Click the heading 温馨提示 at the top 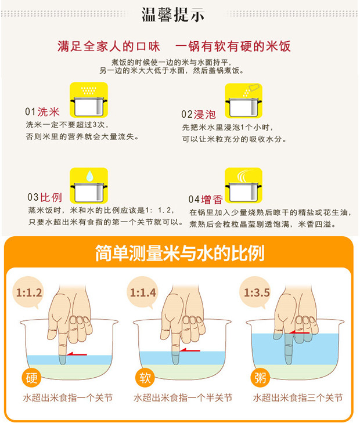(173, 15)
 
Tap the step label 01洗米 (42, 111)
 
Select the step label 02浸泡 (199, 114)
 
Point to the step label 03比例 (45, 197)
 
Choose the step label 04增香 (206, 200)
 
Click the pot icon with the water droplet (89, 185)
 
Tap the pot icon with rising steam (244, 185)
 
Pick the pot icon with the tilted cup (244, 100)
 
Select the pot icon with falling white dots (89, 100)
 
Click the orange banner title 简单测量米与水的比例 (180, 253)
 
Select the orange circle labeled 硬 (31, 378)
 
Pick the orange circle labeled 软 (145, 378)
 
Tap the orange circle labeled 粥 (260, 378)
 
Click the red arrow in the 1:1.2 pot (77, 354)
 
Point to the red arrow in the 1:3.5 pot (299, 332)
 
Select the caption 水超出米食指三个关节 (298, 397)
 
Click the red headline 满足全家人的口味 (109, 46)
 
